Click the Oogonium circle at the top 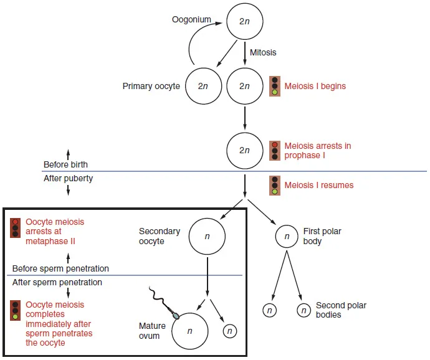pyautogui.click(x=244, y=20)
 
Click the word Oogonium pyautogui.click(x=192, y=20)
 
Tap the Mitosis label pyautogui.click(x=264, y=52)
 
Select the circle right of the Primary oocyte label pyautogui.click(x=203, y=85)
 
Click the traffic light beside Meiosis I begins pyautogui.click(x=274, y=86)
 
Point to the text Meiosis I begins pyautogui.click(x=315, y=86)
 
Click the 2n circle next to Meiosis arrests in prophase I pyautogui.click(x=244, y=150)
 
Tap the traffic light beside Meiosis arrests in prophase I pyautogui.click(x=274, y=151)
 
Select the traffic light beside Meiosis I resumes pyautogui.click(x=274, y=185)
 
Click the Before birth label pyautogui.click(x=65, y=165)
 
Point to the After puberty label pyautogui.click(x=68, y=178)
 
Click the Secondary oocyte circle pyautogui.click(x=207, y=236)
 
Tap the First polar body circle pyautogui.click(x=287, y=236)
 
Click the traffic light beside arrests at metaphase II pyautogui.click(x=15, y=228)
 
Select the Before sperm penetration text pyautogui.click(x=60, y=268)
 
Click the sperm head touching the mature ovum pyautogui.click(x=176, y=315)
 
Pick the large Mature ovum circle pyautogui.click(x=190, y=331)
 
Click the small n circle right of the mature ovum pyautogui.click(x=229, y=331)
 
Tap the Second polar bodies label pyautogui.click(x=341, y=310)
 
